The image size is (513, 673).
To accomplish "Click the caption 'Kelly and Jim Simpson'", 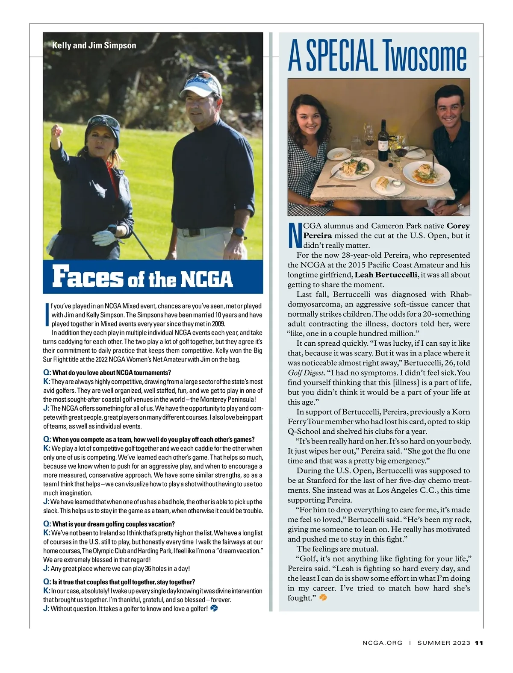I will coord(94,46).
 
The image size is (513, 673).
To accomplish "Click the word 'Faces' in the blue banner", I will coord(87,277).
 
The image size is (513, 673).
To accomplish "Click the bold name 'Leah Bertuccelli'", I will coord(386,275).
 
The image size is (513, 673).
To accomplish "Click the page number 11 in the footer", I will coord(479,643).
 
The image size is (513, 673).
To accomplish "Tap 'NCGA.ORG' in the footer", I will coord(382,643).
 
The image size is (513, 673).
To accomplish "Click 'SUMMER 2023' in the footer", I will coord(444,643).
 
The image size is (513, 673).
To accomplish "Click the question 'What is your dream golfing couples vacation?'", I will coord(113,524).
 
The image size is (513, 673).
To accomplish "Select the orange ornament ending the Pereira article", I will coord(323,598).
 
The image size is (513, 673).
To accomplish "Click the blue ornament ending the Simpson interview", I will coord(214,608).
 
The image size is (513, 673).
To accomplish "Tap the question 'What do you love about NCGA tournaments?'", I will coord(112,373).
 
